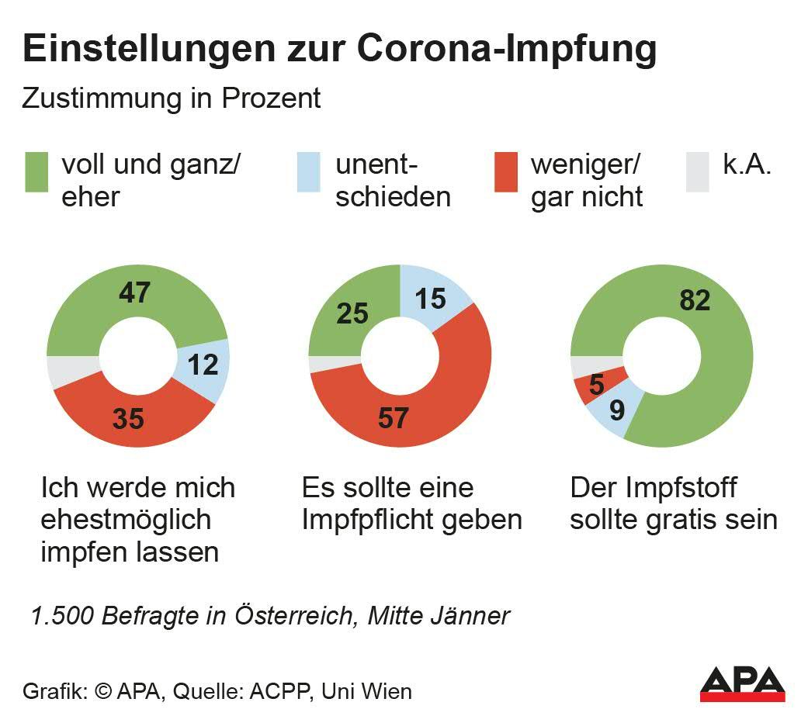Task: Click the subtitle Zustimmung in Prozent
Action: point(171,99)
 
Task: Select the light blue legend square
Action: point(310,171)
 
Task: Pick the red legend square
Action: point(506,171)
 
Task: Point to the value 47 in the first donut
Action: point(134,293)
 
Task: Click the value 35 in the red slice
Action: point(128,418)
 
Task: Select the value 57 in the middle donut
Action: point(393,418)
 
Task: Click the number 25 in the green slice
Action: point(352,313)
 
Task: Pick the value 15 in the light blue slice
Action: point(431,298)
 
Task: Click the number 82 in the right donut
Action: point(694,300)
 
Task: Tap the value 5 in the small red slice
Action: point(596,386)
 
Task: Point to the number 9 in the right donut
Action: point(617,409)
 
